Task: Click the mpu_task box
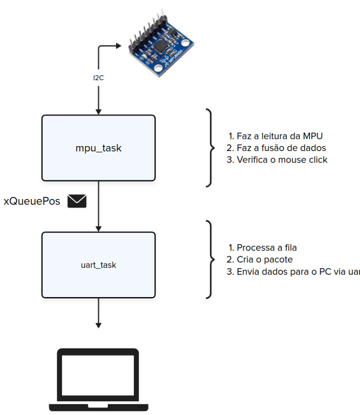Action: point(98,148)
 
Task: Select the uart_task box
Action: point(98,265)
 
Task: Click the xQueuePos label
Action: point(32,202)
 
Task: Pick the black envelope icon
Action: point(77,201)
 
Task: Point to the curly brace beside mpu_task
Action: point(210,148)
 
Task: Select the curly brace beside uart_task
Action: point(210,260)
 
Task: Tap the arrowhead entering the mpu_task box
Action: point(98,111)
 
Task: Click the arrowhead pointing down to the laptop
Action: point(98,325)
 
